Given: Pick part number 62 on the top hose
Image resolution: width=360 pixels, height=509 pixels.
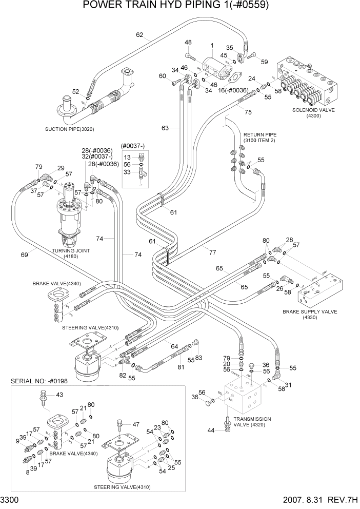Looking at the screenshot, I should (x=139, y=35).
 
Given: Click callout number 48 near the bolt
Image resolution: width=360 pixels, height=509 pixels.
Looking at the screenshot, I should (x=188, y=42).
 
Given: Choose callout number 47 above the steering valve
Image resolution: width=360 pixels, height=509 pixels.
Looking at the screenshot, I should (x=136, y=424).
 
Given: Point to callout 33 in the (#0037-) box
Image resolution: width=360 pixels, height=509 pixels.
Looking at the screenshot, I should (x=127, y=173).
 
